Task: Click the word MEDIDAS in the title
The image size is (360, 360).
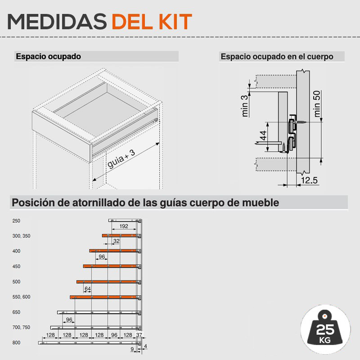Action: pyautogui.click(x=57, y=22)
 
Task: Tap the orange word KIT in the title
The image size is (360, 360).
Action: pyautogui.click(x=175, y=22)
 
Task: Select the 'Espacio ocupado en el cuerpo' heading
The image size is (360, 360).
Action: pyautogui.click(x=277, y=57)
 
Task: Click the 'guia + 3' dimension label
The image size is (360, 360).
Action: pyautogui.click(x=121, y=159)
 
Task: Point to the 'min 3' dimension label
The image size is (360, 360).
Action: pyautogui.click(x=245, y=106)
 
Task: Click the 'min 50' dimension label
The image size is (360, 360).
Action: pyautogui.click(x=317, y=104)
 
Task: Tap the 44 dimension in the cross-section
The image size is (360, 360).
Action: pyautogui.click(x=263, y=135)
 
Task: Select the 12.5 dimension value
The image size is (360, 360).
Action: pyautogui.click(x=309, y=180)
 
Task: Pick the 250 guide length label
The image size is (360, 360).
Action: pyautogui.click(x=16, y=221)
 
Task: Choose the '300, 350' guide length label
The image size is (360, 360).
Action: pyautogui.click(x=21, y=236)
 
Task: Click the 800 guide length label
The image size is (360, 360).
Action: pyautogui.click(x=16, y=343)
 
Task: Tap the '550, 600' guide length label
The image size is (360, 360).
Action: pyautogui.click(x=21, y=297)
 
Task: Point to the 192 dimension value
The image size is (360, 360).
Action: pyautogui.click(x=124, y=226)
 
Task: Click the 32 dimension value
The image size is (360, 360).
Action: pyautogui.click(x=117, y=241)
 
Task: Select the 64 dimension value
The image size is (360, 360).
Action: pyautogui.click(x=88, y=289)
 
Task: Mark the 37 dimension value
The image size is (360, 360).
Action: pyautogui.click(x=139, y=335)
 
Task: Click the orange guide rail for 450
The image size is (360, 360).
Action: pyautogui.click(x=112, y=266)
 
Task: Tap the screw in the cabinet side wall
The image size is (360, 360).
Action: pyautogui.click(x=301, y=122)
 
